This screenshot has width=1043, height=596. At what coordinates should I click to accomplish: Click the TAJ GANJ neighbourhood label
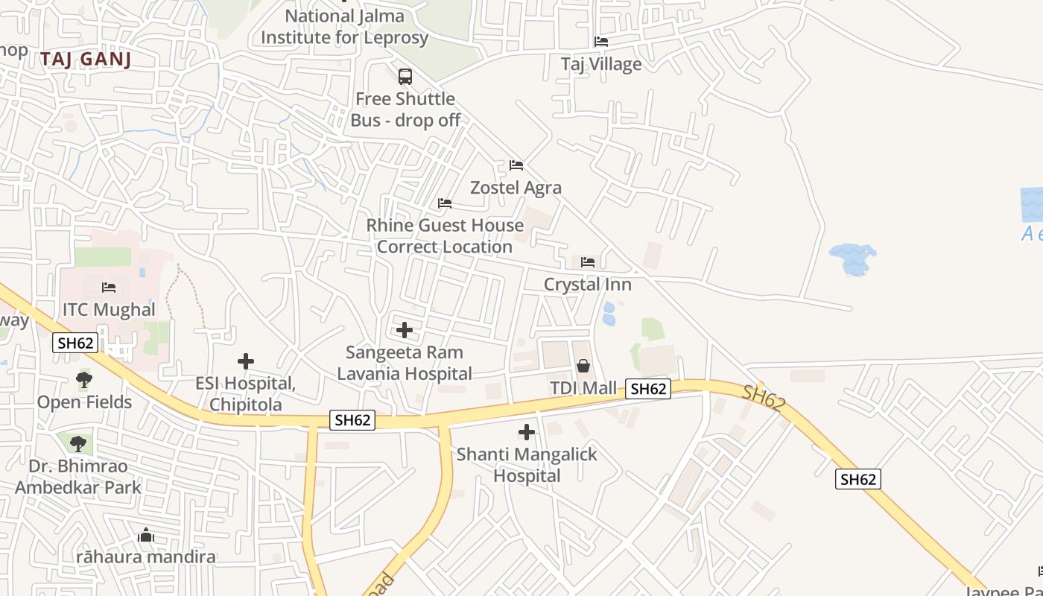point(86,60)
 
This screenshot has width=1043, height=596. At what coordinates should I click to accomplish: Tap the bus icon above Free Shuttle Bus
point(405,76)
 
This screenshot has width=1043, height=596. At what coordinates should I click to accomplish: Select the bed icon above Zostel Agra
point(516,165)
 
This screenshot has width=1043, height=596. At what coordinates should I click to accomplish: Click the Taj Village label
point(600,64)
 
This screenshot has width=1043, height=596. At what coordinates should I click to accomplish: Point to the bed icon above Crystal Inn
point(587,261)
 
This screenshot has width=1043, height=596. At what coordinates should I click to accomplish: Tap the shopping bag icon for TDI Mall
point(583,365)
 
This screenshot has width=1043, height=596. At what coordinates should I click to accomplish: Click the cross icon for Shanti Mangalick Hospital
point(527,431)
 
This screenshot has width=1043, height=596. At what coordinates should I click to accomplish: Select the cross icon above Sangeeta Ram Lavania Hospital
point(405,329)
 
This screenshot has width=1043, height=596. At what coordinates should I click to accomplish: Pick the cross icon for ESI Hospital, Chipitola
point(245,361)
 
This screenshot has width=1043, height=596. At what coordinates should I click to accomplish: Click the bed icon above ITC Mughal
point(109,287)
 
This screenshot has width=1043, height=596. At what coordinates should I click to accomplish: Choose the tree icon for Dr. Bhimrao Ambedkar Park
point(77,444)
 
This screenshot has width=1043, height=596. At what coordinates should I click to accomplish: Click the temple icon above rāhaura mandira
point(146,535)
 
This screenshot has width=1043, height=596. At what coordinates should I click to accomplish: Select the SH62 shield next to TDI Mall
point(647,388)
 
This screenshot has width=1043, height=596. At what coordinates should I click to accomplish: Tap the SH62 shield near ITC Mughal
point(75,343)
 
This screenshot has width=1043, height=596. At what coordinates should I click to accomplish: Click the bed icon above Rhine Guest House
point(444,203)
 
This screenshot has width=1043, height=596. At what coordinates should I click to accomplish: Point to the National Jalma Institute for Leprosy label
point(344,27)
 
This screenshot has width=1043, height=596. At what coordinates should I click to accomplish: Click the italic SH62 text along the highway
point(764,399)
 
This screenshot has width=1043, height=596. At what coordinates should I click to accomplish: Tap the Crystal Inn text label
point(587,285)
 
